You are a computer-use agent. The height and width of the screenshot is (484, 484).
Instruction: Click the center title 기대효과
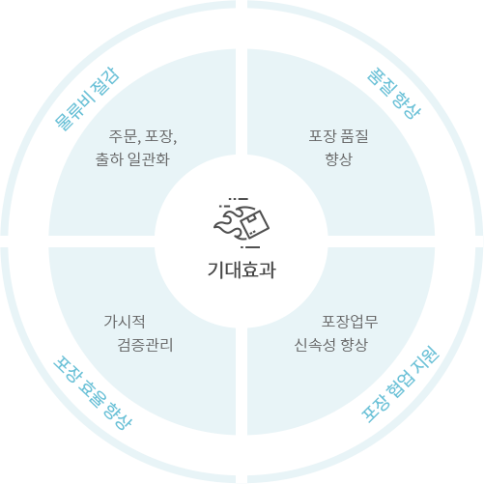242,270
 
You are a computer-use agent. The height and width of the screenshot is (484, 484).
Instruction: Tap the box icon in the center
255,223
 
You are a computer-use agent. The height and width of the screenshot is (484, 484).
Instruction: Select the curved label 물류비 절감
87,99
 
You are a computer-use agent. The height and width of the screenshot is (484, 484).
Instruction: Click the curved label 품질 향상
394,94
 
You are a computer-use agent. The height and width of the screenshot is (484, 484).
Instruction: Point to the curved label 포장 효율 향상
93,393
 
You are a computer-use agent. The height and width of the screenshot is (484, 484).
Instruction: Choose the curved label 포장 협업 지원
400,384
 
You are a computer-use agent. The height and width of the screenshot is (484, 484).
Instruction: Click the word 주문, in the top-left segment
125,136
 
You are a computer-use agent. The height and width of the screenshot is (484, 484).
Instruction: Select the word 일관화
149,159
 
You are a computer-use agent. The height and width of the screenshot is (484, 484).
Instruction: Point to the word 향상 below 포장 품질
339,159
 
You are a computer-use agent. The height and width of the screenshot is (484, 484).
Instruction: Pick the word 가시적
125,322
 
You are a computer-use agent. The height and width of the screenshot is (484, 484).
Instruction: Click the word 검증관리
145,345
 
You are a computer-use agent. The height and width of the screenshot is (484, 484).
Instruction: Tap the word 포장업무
350,322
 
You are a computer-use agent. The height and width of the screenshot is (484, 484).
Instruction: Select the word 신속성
315,345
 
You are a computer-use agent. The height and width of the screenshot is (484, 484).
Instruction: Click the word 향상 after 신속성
354,345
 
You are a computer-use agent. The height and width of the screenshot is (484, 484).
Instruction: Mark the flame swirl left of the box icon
229,223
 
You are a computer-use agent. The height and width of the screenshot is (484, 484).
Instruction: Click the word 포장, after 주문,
161,136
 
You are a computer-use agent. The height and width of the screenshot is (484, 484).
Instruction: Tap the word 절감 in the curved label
105,80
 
